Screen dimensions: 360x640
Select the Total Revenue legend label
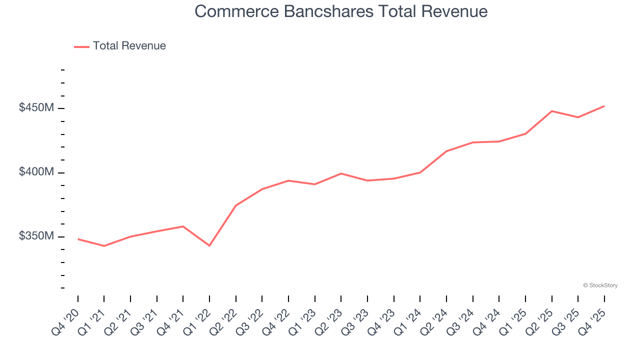coord(129,46)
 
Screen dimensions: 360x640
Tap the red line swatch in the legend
coord(81,46)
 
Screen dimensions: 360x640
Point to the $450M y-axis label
coord(36,107)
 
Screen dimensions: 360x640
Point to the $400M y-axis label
coord(36,172)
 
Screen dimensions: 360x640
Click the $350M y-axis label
coord(36,236)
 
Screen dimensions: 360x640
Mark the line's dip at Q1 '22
coord(209,245)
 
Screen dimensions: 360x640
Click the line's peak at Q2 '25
coord(551,111)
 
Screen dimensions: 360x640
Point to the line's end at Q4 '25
coord(604,106)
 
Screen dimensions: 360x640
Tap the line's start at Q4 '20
coord(78,239)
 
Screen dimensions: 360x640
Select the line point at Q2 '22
coord(236,205)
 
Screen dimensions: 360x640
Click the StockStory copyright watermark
coord(600,285)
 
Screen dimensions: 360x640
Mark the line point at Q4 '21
coord(183,226)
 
